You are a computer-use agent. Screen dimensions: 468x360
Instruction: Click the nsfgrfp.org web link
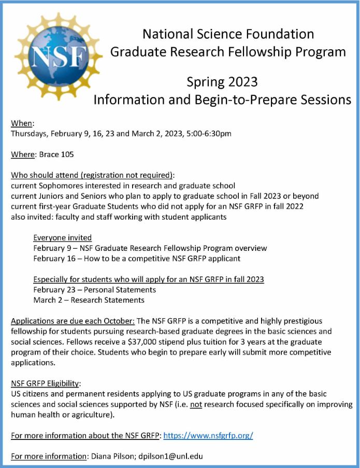click(208, 435)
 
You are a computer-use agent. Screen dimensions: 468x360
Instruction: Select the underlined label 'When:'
click(22, 123)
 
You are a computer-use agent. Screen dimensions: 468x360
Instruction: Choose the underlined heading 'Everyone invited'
click(62, 238)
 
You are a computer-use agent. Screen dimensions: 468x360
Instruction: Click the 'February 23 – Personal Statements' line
click(94, 290)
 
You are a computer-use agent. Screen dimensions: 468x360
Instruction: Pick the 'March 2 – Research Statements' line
click(89, 300)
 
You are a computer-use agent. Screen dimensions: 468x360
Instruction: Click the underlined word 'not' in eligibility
click(196, 404)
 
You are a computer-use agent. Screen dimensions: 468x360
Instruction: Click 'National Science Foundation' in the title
click(228, 34)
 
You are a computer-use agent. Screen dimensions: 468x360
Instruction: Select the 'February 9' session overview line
click(150, 248)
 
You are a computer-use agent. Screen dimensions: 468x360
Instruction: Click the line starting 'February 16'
click(137, 258)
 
